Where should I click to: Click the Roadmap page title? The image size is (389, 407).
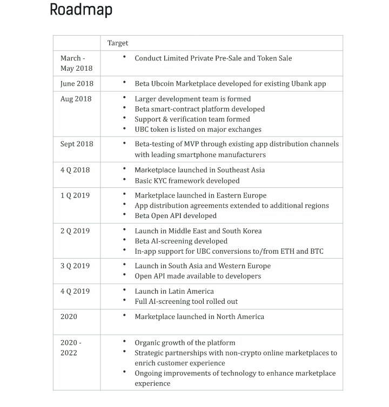pos(81,10)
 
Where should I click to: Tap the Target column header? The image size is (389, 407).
pos(118,43)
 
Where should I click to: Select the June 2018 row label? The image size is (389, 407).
pos(77,84)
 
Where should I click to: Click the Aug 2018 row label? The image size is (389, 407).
pos(76,99)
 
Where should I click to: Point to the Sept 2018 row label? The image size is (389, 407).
pos(77,144)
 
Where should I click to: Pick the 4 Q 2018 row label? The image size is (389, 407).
pos(75,170)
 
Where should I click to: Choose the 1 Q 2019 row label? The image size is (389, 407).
pos(75,195)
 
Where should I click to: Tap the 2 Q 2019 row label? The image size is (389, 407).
pos(75,231)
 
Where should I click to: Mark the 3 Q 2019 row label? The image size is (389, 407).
pos(75,266)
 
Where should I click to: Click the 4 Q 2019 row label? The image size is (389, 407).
pos(75,291)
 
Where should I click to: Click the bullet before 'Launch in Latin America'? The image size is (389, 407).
pos(124,291)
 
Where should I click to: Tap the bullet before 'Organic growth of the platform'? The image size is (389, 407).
pos(124,342)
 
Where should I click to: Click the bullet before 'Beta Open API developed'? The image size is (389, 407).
pos(124,215)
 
